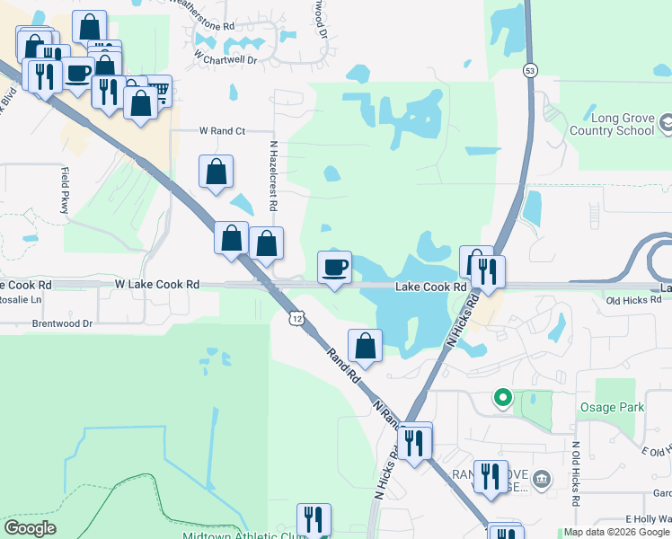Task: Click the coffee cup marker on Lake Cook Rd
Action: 335,268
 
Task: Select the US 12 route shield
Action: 296,317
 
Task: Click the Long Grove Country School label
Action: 621,124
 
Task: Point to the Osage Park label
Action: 611,407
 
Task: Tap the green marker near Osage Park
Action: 503,396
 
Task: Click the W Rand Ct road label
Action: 222,131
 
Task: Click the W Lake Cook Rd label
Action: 157,284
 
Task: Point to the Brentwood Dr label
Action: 63,323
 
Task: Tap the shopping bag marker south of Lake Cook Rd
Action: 366,346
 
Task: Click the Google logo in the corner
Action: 30,528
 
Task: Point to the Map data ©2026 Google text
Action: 616,533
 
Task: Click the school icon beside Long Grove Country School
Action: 666,121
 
